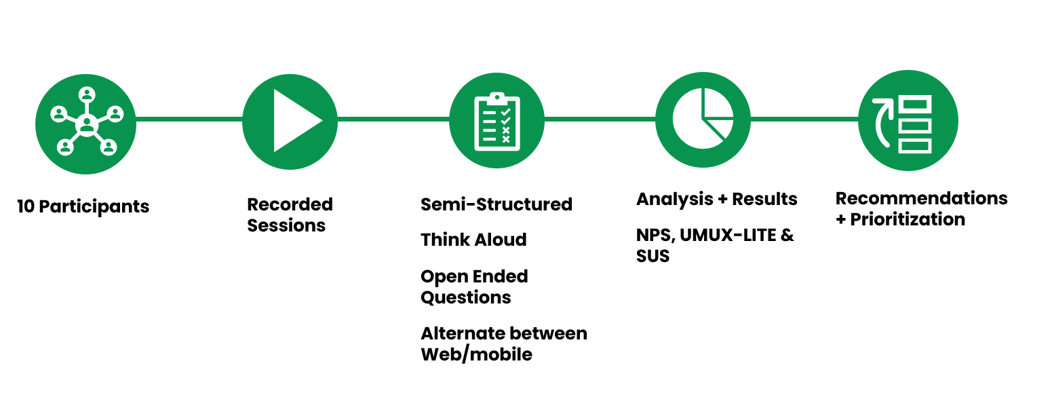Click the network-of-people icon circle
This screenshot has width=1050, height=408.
[86, 124]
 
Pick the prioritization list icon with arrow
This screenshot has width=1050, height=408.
[908, 122]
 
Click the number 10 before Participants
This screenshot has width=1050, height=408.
[26, 207]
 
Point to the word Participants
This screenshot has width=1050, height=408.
[94, 207]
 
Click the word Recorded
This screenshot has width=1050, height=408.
[290, 204]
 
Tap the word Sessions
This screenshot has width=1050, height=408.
[286, 225]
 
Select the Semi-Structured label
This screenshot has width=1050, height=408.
[496, 204]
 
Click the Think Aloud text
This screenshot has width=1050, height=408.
[473, 240]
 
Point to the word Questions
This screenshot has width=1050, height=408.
[465, 297]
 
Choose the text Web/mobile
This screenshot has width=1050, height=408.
[476, 354]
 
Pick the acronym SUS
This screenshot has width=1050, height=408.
[653, 257]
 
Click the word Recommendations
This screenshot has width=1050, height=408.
[921, 198]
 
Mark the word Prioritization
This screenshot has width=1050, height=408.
[908, 219]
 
